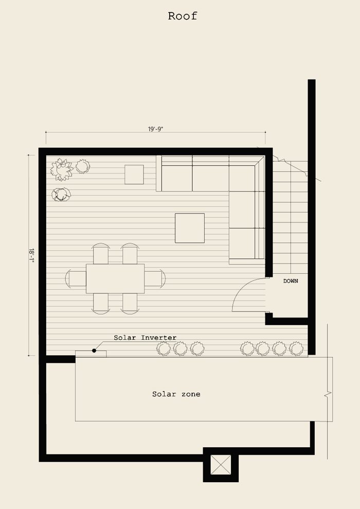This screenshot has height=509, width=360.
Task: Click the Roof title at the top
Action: click(x=182, y=16)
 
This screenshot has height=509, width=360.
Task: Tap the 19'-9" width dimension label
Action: click(x=156, y=129)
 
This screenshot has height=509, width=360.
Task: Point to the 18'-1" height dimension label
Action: click(x=31, y=255)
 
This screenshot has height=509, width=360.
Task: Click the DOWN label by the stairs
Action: click(x=291, y=281)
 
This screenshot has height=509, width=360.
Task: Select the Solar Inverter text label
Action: click(x=145, y=338)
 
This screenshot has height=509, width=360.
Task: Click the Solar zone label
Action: click(x=176, y=394)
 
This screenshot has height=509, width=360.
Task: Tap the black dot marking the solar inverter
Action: click(x=94, y=350)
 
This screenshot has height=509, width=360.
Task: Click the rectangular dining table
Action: click(x=115, y=278)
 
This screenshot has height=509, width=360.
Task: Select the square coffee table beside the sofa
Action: click(x=190, y=228)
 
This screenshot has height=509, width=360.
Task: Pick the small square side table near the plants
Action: click(x=134, y=174)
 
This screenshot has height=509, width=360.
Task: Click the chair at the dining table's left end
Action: click(x=76, y=278)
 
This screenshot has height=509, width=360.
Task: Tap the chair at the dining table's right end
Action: click(x=155, y=278)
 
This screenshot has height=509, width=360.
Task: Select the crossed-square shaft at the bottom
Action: click(x=221, y=465)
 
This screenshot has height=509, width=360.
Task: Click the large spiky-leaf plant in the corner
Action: click(x=62, y=169)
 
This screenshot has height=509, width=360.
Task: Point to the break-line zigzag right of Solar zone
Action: click(x=328, y=395)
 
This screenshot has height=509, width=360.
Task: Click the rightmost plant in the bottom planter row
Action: click(x=296, y=348)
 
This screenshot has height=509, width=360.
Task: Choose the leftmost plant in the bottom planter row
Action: click(x=164, y=349)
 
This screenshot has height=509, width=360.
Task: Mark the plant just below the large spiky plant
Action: click(x=61, y=195)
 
